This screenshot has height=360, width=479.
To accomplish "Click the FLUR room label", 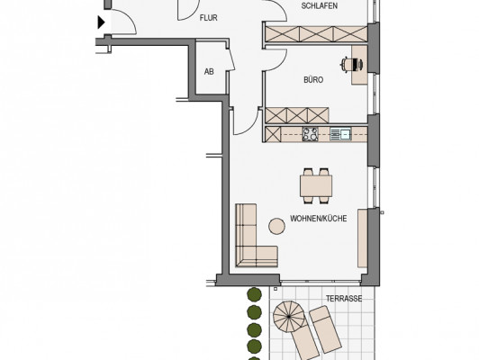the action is coord(209,18).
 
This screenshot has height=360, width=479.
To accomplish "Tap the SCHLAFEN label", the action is coord(320,5).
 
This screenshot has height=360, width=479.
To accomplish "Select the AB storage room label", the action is coord(209,72).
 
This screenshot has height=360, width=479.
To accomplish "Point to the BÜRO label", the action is coord(313,80).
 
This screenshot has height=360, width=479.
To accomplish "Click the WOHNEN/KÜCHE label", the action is coord(319,219).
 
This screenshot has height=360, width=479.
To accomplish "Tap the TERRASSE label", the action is coord(344,299).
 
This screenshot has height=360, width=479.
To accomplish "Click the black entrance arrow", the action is coord(102,22).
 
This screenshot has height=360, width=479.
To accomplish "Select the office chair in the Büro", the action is coord(351,65).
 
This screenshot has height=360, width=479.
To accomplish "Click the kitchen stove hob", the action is coord(311,134).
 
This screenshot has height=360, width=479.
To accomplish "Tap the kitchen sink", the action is coord(340,134).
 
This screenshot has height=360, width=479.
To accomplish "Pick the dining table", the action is coord(316,185).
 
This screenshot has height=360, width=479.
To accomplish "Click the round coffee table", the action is coord(276,226).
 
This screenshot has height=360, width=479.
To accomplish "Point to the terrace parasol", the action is coord(289,317).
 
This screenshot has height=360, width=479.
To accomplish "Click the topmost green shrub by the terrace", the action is coord(254,294).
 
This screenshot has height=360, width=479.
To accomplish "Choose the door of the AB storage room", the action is coord(231,59).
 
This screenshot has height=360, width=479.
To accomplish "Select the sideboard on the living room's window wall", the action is coord(363,238).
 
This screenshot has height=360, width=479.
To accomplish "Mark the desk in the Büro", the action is coord(359,65).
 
